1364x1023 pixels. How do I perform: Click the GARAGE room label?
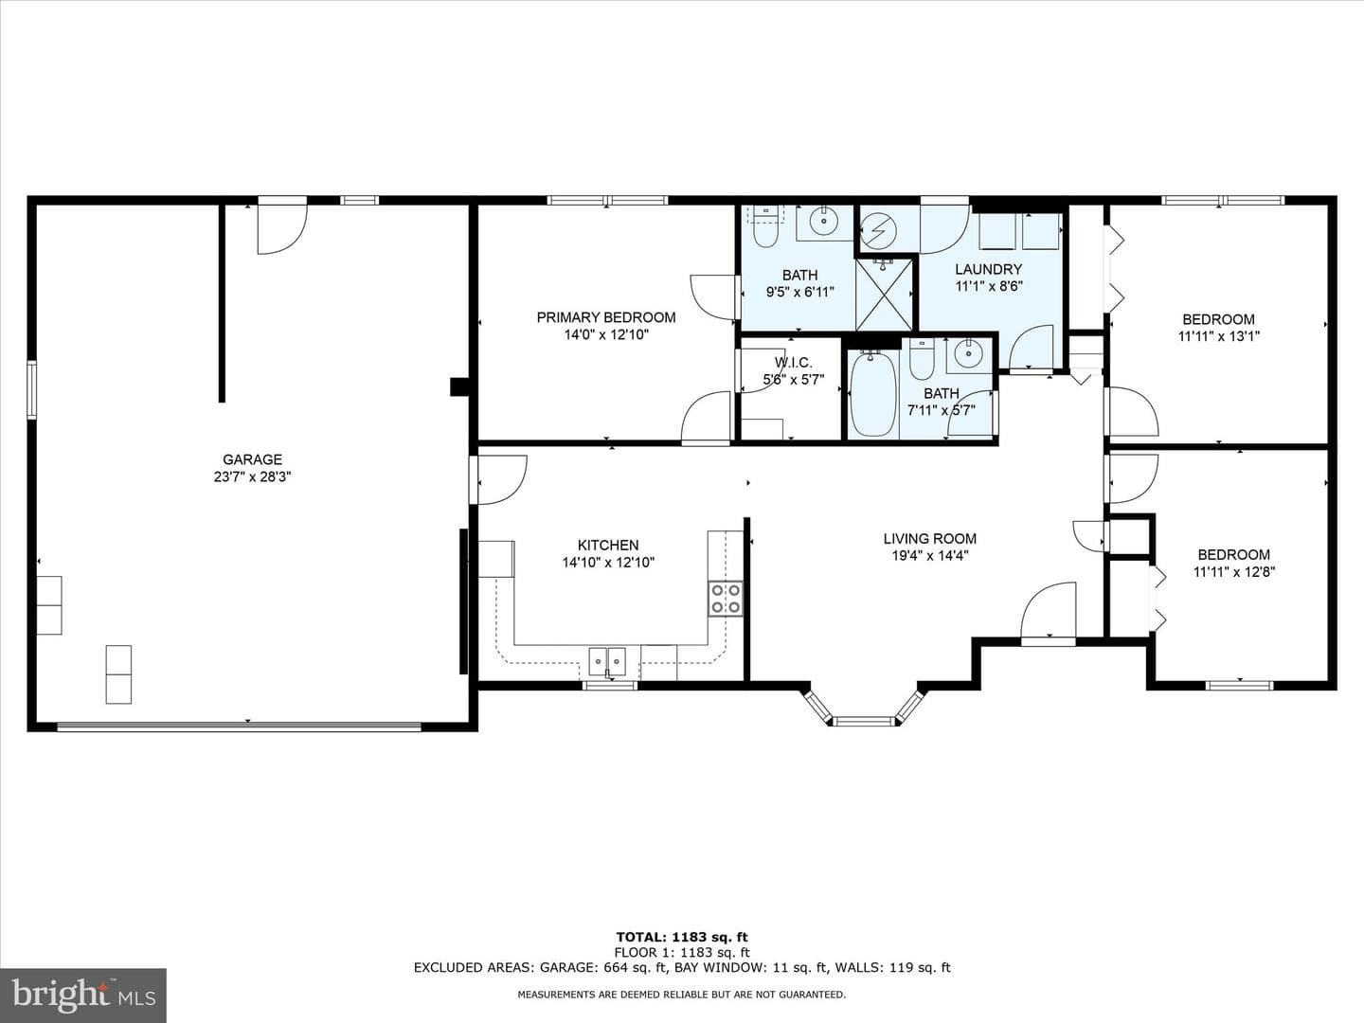point(252,459)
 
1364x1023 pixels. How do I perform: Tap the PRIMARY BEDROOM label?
point(606,317)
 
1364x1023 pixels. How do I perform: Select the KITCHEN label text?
point(608,546)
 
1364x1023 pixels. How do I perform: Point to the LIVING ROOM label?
point(929,539)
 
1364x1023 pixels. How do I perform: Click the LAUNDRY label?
point(988,269)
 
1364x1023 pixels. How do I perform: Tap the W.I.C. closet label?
point(793,362)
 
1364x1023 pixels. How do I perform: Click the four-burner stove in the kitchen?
point(726,598)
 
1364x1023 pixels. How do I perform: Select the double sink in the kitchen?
point(607,661)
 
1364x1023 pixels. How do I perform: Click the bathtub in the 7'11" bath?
point(873,394)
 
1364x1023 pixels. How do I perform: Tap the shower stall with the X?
point(884,295)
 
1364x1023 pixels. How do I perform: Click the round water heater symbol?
point(879,231)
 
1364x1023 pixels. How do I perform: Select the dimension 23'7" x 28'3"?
point(252,477)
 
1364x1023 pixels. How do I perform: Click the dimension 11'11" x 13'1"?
point(1218,336)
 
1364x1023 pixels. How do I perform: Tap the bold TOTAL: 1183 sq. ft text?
point(682,938)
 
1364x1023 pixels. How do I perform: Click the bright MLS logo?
point(83,996)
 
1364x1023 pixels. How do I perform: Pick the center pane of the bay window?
point(863,721)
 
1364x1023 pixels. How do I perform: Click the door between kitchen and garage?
point(499,479)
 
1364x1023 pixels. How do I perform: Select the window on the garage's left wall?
point(31,390)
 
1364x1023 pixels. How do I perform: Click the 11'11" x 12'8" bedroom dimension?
point(1233,572)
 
